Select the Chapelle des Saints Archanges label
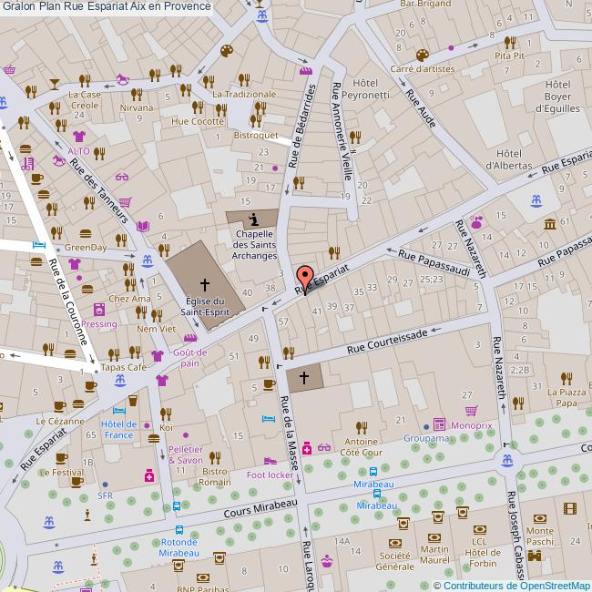click(254, 244)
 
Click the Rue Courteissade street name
click(387, 345)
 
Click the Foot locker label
click(270, 475)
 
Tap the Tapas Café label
click(123, 367)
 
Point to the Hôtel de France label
click(118, 429)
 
